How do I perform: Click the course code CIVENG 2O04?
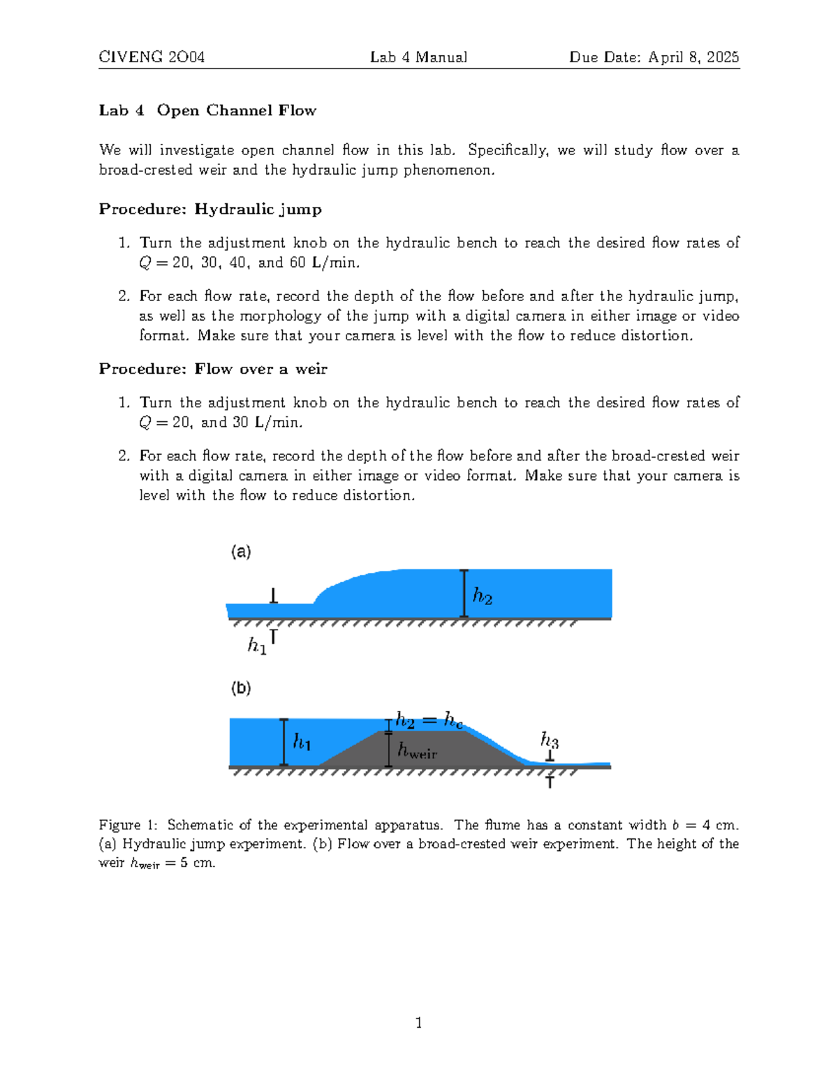tap(152, 57)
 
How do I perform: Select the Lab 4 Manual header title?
tap(418, 57)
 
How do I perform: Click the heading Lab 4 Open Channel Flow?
tap(207, 110)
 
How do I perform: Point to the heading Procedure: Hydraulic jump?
tap(210, 210)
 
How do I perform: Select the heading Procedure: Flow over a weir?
tap(213, 369)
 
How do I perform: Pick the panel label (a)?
tap(241, 552)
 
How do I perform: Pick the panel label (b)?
tap(241, 688)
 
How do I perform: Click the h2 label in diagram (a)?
tap(483, 596)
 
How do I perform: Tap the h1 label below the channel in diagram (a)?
tap(257, 646)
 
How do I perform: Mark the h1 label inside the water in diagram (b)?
tap(302, 741)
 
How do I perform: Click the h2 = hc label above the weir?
tap(429, 720)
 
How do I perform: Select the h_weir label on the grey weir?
tap(417, 750)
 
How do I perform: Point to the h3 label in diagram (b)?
tap(550, 739)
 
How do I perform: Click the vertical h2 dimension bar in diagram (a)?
tap(464, 593)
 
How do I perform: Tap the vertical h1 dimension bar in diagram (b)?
tap(284, 742)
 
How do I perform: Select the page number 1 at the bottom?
tap(418, 1023)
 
